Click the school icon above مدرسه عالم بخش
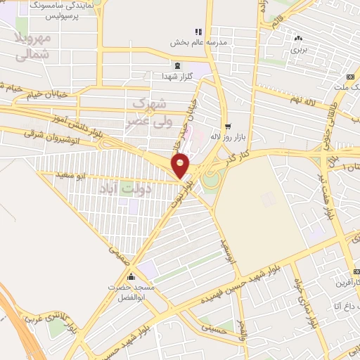coord(199,32)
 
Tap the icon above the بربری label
coord(300,39)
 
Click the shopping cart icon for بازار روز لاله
coord(227,127)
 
